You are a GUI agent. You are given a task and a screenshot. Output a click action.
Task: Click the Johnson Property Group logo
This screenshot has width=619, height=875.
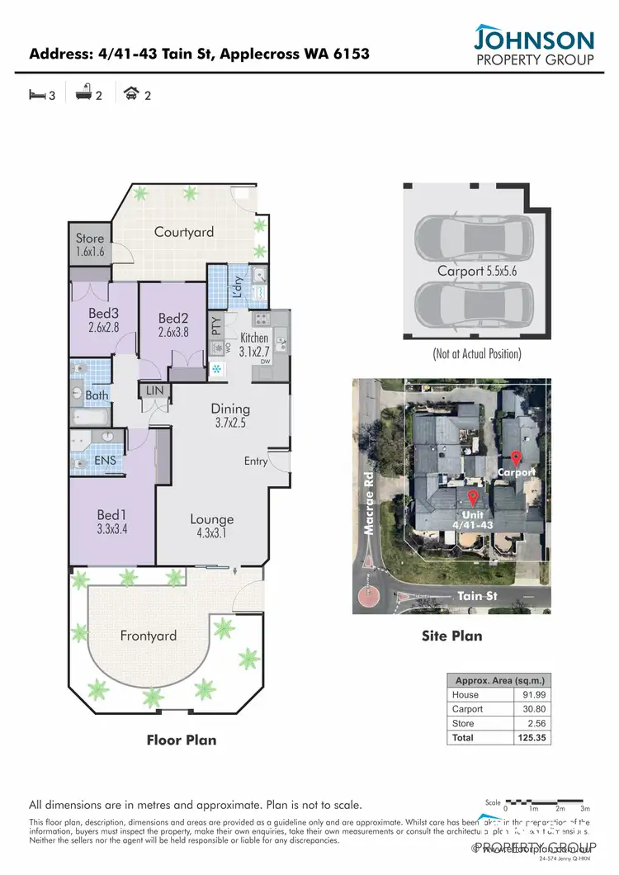point(533,45)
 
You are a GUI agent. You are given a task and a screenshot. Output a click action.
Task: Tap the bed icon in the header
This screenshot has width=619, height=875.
point(36,95)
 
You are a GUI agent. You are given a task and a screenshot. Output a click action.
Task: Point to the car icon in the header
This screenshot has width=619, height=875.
point(130,95)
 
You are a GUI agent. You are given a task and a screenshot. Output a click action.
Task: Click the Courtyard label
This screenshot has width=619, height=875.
point(184,232)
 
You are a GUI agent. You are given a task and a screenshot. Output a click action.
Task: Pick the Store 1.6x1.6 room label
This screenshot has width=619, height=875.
point(90,245)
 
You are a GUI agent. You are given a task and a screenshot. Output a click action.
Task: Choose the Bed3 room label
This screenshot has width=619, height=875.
point(104,319)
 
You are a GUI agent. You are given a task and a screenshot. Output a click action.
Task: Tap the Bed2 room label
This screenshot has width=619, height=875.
point(173,325)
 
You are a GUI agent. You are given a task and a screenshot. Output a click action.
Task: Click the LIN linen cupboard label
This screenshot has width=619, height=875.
point(154,390)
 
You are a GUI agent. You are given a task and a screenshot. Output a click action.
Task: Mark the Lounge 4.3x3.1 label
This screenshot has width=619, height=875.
point(212,526)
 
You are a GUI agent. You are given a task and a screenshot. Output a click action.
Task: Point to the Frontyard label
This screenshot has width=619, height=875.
point(149,636)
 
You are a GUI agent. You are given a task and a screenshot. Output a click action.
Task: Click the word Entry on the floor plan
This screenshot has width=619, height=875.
point(256,461)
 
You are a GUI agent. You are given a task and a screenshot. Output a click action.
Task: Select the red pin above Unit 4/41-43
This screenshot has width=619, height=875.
point(473,498)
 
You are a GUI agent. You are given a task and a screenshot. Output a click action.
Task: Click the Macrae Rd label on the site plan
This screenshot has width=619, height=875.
point(370,512)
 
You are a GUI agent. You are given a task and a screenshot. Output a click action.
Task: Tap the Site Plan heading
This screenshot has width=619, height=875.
point(452,636)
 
